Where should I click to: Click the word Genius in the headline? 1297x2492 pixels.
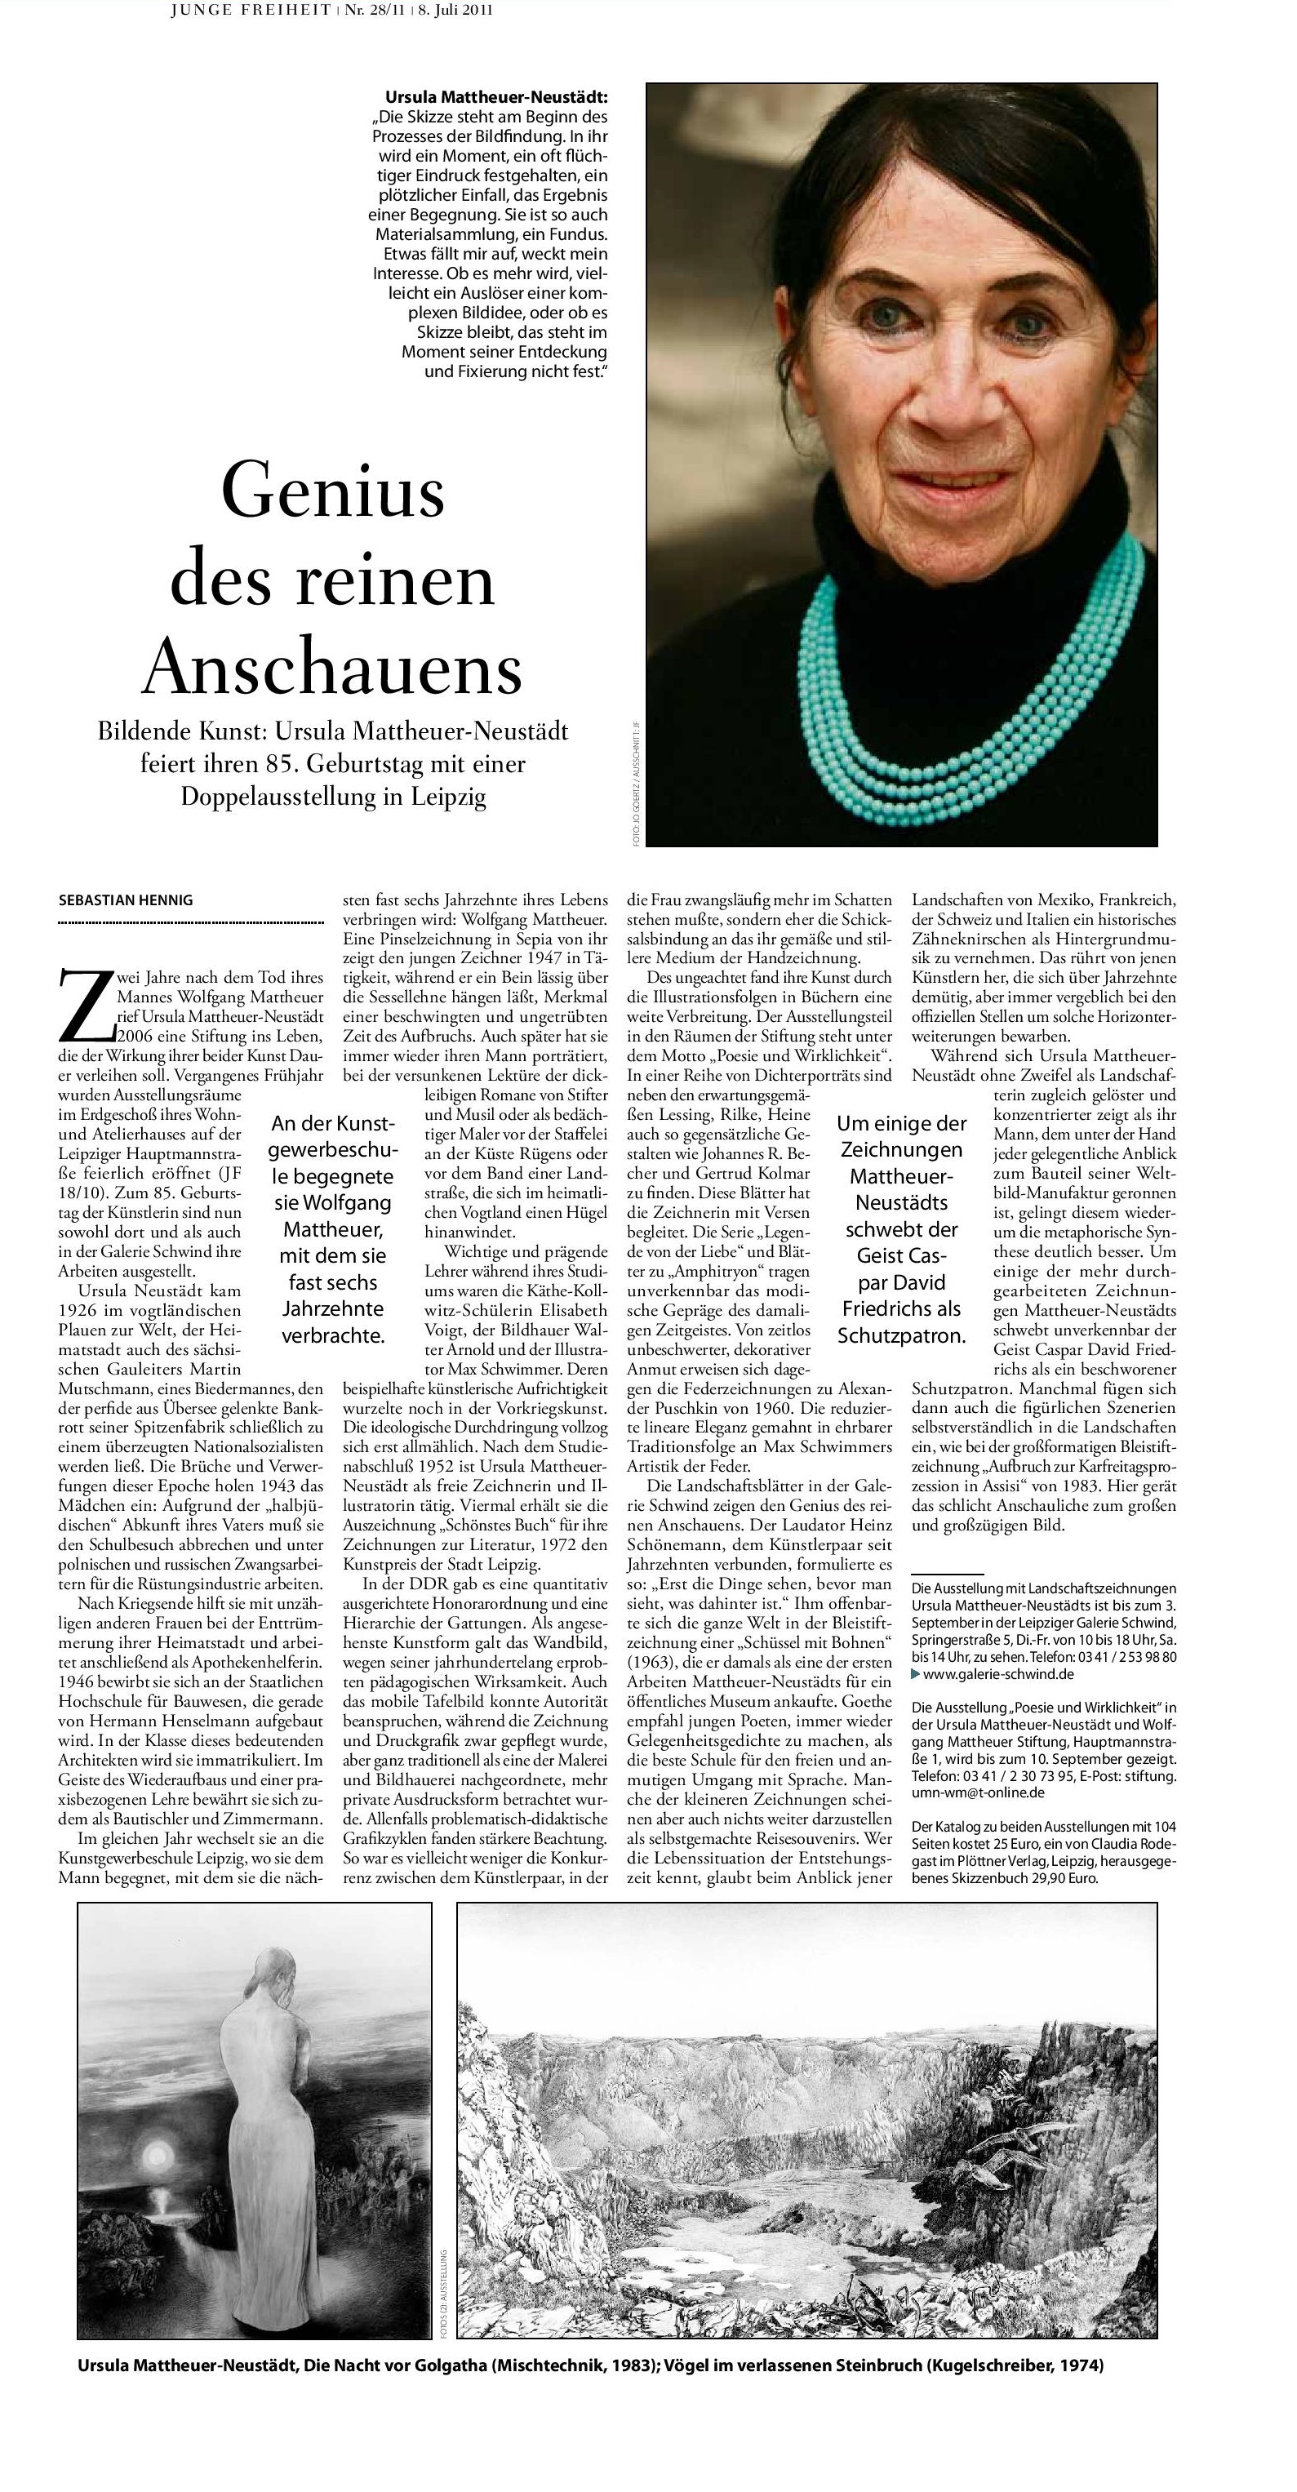click(x=333, y=490)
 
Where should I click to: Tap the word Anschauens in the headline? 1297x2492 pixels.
click(x=333, y=668)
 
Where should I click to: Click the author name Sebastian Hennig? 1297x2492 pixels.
click(x=126, y=900)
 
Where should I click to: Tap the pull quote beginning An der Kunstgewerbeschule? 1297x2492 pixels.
click(x=331, y=1228)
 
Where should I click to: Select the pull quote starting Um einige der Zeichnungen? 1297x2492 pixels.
click(x=900, y=1228)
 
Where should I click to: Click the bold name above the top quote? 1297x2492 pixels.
click(x=496, y=98)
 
